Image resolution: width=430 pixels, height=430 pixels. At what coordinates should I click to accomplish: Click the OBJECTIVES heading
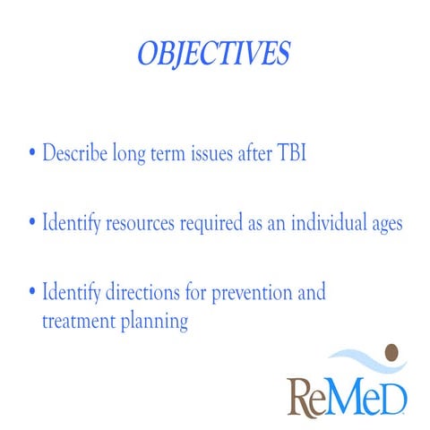[x=213, y=54]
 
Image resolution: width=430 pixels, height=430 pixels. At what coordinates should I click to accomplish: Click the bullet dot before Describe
[x=32, y=153]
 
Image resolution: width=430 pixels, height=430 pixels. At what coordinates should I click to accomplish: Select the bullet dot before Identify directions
[x=32, y=293]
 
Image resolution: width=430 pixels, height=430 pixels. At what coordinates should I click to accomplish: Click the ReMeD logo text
[x=347, y=393]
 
